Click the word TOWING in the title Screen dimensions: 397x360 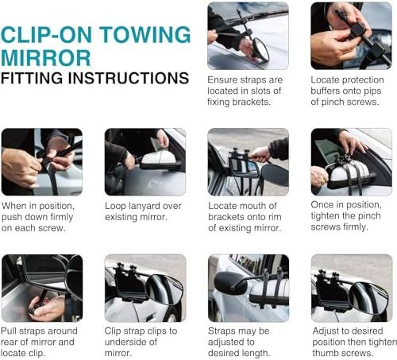coord(145,34)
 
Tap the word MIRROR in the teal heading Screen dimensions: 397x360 coord(46,58)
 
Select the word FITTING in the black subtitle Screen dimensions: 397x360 coord(32,78)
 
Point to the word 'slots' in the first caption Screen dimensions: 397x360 coord(260,91)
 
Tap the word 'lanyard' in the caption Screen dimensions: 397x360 coord(145,207)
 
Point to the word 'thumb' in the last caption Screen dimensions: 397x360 coord(324,353)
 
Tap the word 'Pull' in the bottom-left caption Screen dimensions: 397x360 coord(9,331)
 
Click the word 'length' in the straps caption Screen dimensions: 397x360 coord(254,353)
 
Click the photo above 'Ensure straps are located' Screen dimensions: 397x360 coord(248,36)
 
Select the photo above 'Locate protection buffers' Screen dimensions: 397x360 coord(351,36)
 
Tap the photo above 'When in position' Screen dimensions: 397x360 coord(42,162)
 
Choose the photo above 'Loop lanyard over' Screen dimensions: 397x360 coord(145,162)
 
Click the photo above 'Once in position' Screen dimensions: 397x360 coord(351,162)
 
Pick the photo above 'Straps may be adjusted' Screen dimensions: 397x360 coord(249,288)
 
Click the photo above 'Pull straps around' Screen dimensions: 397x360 coord(42,288)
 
